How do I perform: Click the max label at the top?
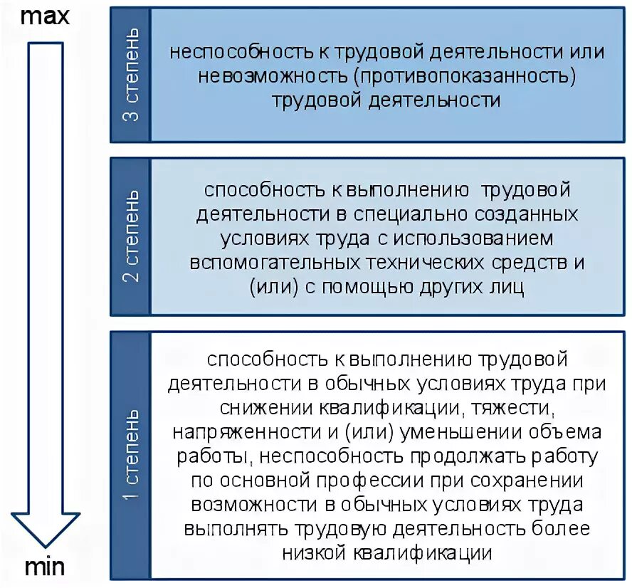[x=45, y=16]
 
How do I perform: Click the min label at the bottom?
[x=45, y=567]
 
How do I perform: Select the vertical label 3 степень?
[x=131, y=75]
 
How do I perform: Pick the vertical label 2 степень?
[x=131, y=236]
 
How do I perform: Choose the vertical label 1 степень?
[x=131, y=455]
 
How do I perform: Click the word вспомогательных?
[x=273, y=262]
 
